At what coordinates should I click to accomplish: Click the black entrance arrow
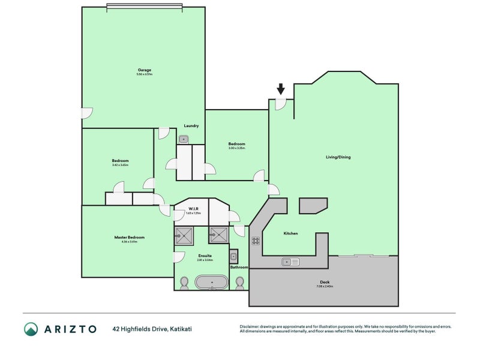[x=281, y=89]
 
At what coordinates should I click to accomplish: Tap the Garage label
[x=144, y=70]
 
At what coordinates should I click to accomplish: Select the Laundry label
[x=191, y=125]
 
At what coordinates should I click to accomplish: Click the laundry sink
[x=184, y=139]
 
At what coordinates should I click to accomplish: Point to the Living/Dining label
[x=338, y=157]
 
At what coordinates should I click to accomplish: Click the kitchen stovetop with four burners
[x=255, y=241]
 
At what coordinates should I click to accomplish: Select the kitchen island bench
[x=313, y=205]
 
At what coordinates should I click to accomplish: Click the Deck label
[x=325, y=282]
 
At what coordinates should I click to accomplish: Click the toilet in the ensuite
[x=185, y=283]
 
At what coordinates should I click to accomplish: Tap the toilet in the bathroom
[x=240, y=282]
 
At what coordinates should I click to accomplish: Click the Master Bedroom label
[x=130, y=237]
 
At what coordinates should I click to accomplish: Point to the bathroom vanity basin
[x=233, y=256]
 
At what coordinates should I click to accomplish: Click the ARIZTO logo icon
[x=31, y=329]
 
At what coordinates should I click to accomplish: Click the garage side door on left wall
[x=86, y=113]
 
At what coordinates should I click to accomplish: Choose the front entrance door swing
[x=280, y=104]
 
